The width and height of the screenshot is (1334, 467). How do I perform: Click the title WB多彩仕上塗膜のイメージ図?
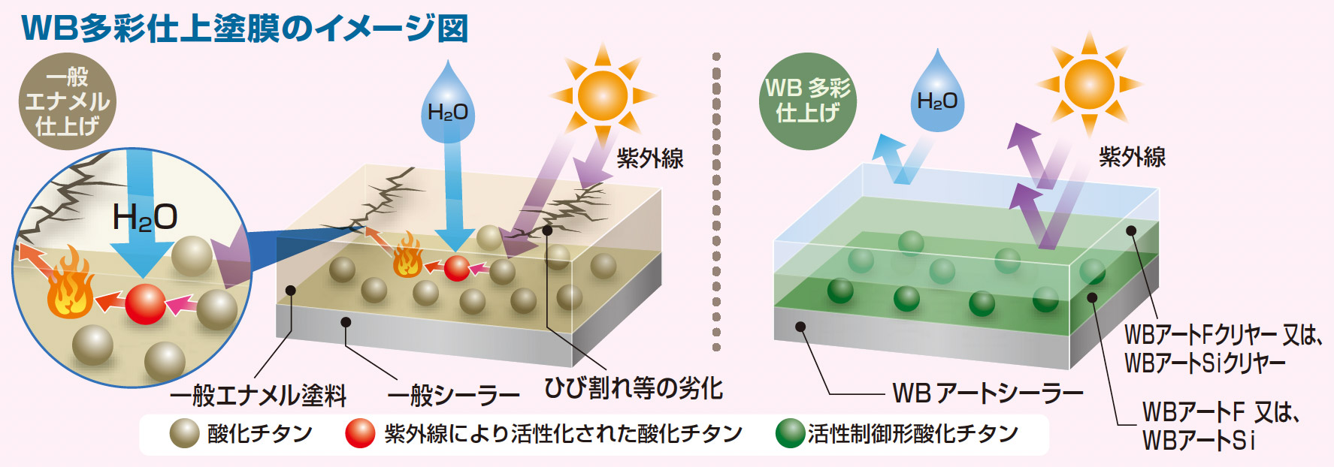[x=245, y=28]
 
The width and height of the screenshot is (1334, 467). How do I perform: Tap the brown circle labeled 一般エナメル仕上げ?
[x=67, y=101]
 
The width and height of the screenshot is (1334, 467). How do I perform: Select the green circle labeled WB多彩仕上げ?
[x=808, y=101]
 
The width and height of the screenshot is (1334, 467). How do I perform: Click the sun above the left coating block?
[x=603, y=95]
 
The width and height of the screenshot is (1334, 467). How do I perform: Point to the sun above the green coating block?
[x=1089, y=83]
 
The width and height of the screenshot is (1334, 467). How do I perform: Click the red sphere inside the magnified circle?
[x=145, y=303]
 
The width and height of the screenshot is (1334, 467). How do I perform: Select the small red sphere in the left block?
[x=456, y=268]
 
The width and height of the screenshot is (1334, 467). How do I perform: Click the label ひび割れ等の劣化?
[x=633, y=388]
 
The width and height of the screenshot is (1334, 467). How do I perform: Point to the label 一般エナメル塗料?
[x=259, y=395]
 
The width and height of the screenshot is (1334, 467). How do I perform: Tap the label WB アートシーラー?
[x=988, y=393]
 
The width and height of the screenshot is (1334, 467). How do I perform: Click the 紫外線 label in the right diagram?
[x=1132, y=157]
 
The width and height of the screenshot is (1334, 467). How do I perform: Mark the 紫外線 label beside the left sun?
[x=650, y=158]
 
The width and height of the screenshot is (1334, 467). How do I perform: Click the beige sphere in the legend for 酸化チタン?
[x=184, y=434]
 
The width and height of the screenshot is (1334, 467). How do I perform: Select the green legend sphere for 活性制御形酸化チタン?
[x=790, y=434]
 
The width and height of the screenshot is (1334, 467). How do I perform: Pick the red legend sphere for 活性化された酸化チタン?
[x=360, y=434]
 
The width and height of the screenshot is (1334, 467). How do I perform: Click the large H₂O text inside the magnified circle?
[x=145, y=218]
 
